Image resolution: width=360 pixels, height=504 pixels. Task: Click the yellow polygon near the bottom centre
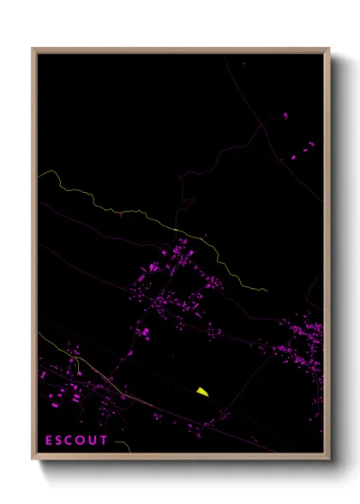click(x=201, y=392)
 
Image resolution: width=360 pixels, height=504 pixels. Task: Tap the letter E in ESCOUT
click(x=49, y=441)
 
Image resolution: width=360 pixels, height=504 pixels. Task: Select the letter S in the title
click(x=61, y=441)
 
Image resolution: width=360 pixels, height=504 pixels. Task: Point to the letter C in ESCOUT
click(x=73, y=441)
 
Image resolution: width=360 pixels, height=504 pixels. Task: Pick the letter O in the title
click(x=86, y=441)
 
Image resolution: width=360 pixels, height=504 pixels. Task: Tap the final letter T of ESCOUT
click(x=106, y=441)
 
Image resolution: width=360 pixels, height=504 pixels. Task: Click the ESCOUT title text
click(x=77, y=441)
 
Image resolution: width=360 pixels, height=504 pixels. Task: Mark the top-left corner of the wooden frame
click(x=33, y=48)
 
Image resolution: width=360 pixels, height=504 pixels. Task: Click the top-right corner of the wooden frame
click(x=329, y=48)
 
